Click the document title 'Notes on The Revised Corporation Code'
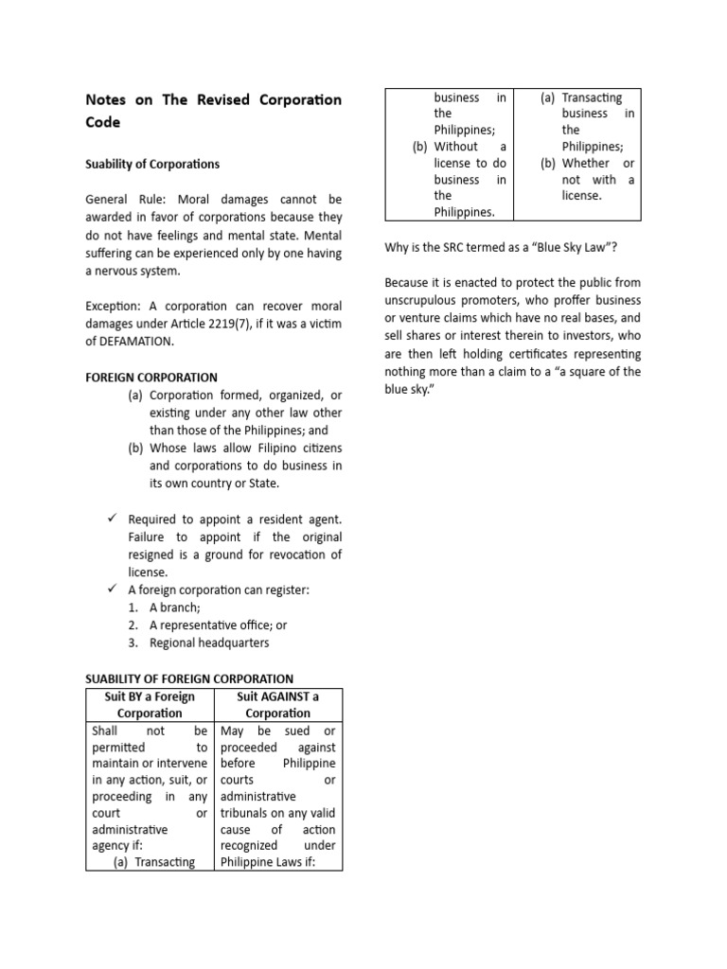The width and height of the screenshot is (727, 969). coord(213,111)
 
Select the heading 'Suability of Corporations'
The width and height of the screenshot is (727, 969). coord(152,164)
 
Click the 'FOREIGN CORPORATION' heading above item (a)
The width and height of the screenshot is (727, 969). coord(151,377)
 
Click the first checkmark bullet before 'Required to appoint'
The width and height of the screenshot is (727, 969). coord(111,519)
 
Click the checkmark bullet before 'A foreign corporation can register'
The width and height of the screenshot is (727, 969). coord(111,590)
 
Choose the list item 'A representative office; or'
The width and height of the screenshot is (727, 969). coord(217,625)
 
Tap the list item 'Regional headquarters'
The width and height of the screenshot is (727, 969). coord(208,643)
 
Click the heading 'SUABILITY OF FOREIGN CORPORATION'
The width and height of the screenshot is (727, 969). coord(189,678)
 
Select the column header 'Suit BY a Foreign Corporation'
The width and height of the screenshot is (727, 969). coord(150,705)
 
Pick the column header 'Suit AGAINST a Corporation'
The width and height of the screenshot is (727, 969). coord(278,705)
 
